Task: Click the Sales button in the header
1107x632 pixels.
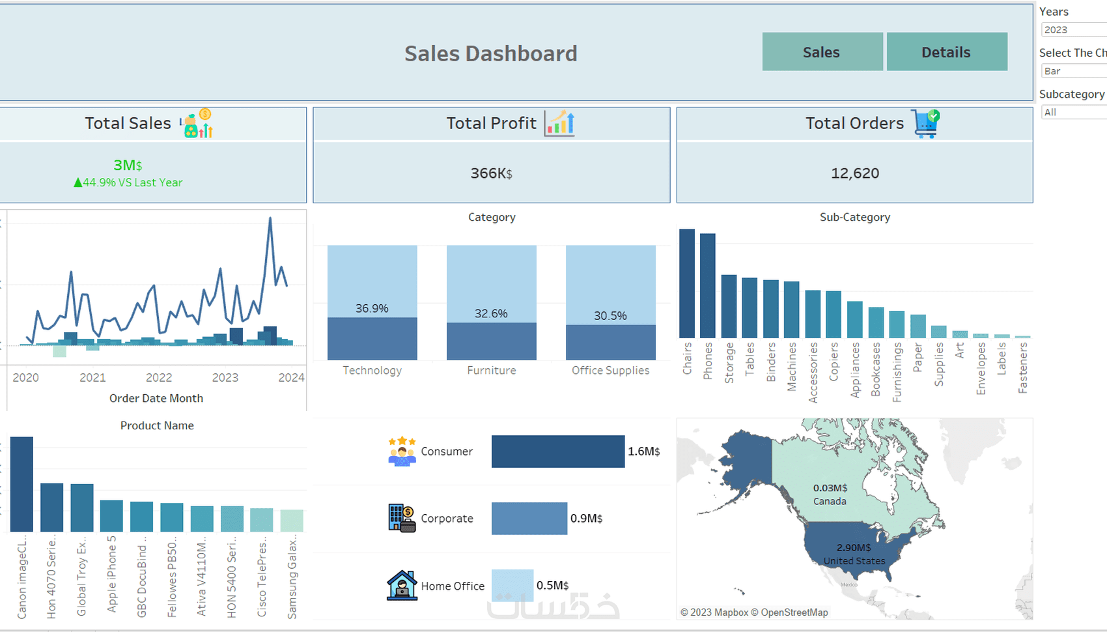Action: click(822, 52)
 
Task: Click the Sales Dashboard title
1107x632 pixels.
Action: click(490, 53)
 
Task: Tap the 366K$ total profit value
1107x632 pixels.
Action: click(491, 173)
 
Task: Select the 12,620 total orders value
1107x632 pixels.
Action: click(854, 173)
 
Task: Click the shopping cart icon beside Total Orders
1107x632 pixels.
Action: click(925, 123)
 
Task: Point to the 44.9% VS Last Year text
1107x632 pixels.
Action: click(128, 182)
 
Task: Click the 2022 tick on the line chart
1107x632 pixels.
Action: click(159, 377)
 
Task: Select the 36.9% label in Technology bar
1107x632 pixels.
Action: click(372, 308)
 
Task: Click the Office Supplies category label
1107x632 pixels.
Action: click(610, 370)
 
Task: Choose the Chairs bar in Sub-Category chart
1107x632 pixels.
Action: click(687, 283)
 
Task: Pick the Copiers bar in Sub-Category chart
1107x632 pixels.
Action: click(834, 314)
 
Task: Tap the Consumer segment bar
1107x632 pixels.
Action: click(557, 452)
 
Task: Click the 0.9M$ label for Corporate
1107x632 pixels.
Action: click(586, 519)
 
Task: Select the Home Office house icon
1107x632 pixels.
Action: click(402, 585)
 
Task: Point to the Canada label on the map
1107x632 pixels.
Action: click(830, 501)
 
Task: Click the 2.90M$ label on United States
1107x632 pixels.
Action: click(853, 547)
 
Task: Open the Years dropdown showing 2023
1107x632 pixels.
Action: click(1073, 30)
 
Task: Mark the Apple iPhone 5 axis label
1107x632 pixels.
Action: click(112, 573)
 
